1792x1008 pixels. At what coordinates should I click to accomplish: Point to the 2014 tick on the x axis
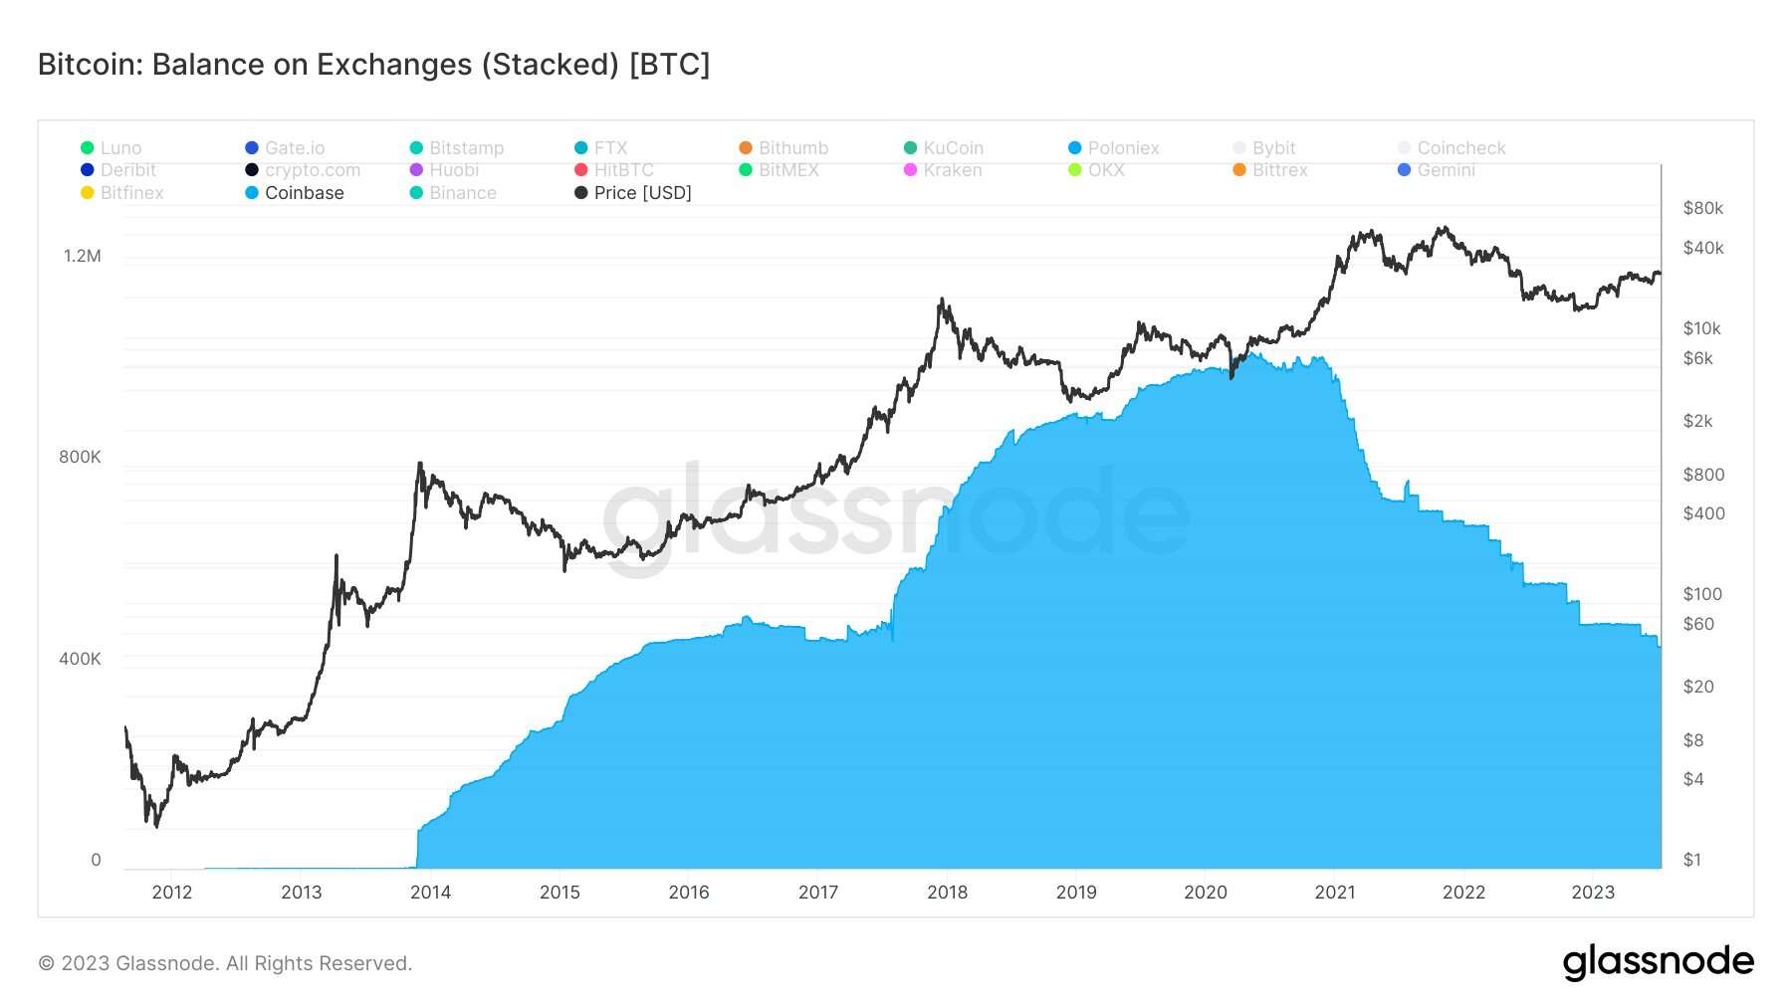430,893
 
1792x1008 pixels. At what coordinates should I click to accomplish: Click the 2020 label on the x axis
1205,893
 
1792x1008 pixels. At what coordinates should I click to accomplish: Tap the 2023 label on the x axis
1592,893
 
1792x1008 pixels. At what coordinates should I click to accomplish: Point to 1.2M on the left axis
83,256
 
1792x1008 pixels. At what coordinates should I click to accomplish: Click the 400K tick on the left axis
80,659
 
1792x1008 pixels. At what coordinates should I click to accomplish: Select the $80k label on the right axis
1702,208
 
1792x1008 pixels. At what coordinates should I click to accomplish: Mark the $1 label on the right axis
1692,860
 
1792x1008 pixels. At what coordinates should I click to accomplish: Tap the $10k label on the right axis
1701,328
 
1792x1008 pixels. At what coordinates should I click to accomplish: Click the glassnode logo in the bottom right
1658,962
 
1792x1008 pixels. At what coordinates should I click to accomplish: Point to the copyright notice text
225,963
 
